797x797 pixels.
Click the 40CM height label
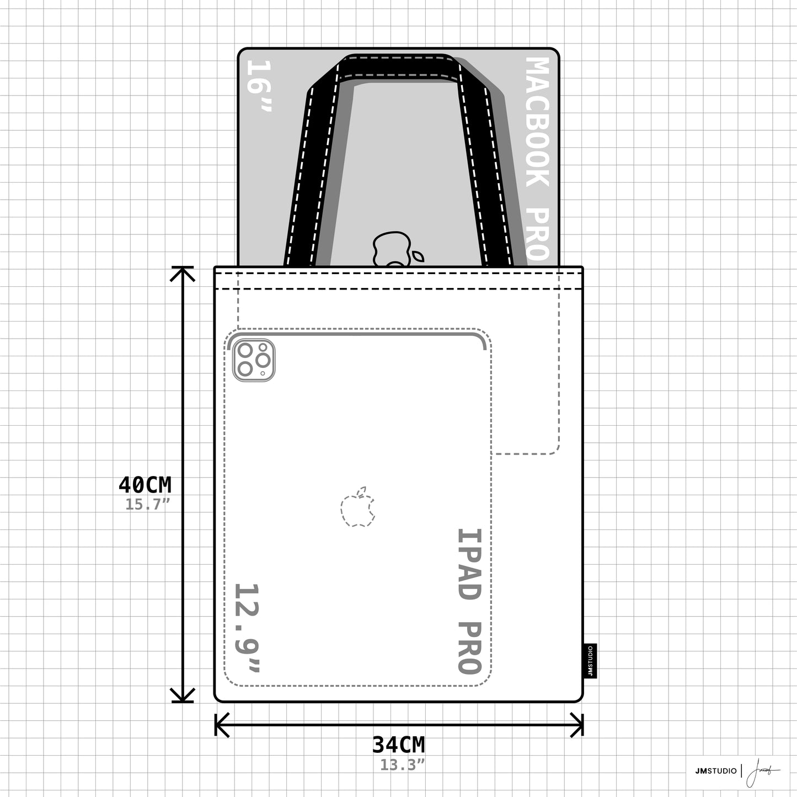pos(145,485)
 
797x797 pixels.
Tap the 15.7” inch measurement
pos(148,504)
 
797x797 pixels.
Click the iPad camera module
pos(254,360)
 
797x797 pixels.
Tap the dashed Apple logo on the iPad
pos(358,507)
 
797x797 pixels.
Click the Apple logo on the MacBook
pos(397,249)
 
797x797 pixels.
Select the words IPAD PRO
pos(470,607)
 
